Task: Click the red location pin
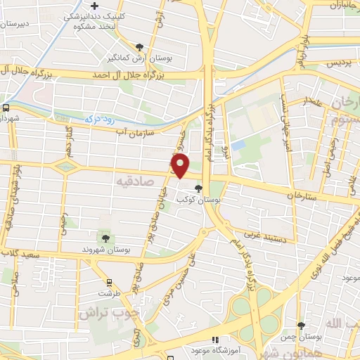coord(180,165)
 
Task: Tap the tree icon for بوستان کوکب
coord(197,188)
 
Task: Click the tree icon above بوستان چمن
coord(300,326)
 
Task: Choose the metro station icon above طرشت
coord(108,281)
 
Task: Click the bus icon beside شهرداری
coord(6,108)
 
